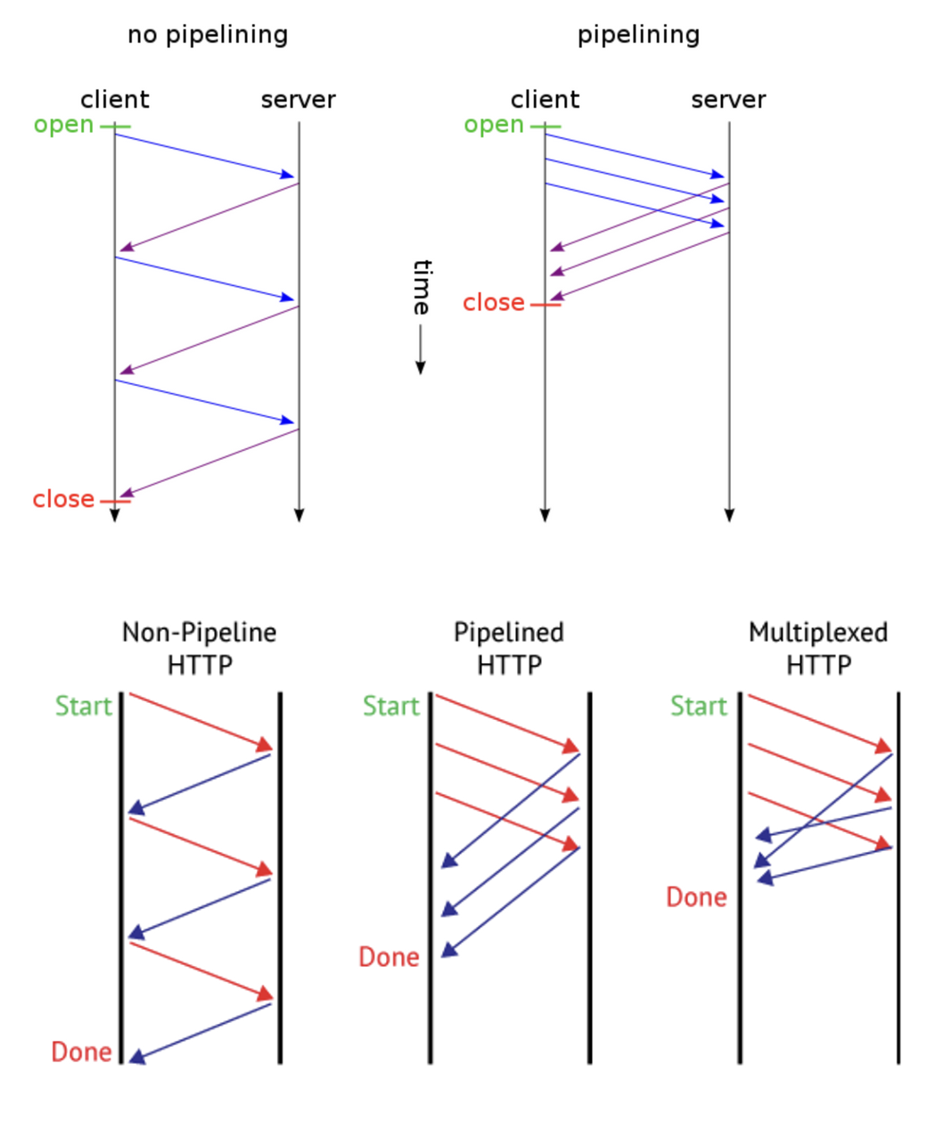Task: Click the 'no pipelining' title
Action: [x=208, y=35]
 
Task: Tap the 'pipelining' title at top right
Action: [x=638, y=35]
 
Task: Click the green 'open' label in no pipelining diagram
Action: [x=63, y=125]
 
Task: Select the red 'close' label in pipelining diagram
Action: [x=493, y=303]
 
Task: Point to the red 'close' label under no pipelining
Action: [x=63, y=499]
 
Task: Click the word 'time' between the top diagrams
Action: [x=421, y=287]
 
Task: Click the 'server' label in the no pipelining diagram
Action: [x=298, y=99]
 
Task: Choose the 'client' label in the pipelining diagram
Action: [x=545, y=99]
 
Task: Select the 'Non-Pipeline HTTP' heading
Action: [x=200, y=649]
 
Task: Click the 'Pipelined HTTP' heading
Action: [x=509, y=649]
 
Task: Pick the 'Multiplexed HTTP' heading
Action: [x=818, y=649]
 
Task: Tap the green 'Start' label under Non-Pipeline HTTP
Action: [x=84, y=706]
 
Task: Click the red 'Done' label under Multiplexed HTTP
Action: [x=697, y=896]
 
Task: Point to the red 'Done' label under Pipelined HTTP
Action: [x=389, y=957]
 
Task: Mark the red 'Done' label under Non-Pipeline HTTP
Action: [x=81, y=1051]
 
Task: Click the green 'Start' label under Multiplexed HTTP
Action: [x=699, y=706]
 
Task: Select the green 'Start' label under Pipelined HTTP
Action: [x=390, y=706]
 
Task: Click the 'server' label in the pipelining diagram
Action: [x=728, y=99]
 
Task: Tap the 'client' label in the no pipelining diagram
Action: [x=115, y=99]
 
